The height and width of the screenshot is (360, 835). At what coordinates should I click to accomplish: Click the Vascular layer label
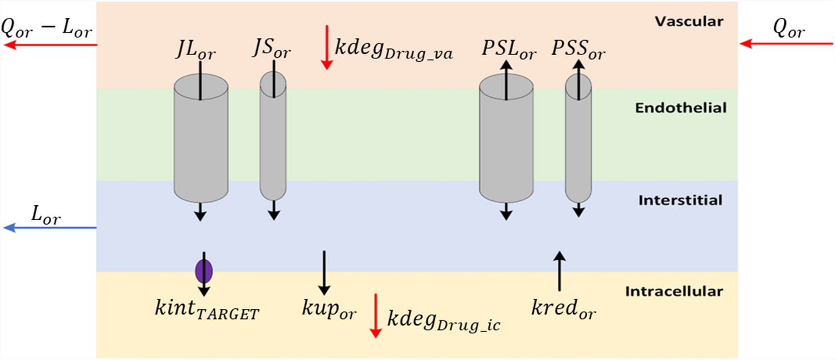coord(689,22)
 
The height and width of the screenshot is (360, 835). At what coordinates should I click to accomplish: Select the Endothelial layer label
coord(681,108)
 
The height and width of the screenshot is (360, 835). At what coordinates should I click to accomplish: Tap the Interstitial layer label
coord(680,200)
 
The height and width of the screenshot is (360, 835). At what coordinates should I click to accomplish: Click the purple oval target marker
coord(204,272)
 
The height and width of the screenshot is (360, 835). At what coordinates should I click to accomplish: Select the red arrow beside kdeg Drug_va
coord(327,52)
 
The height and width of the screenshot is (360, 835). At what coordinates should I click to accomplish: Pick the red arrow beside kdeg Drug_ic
coord(376,315)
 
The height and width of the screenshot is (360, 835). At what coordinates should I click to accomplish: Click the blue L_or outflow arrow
coord(50,228)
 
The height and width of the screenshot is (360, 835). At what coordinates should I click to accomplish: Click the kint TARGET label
coord(207,310)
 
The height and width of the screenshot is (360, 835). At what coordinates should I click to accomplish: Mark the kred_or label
coord(562,309)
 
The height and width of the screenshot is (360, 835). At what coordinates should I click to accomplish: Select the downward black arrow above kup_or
coord(324,272)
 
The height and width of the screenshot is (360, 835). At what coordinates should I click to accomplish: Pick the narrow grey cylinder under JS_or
coord(273,139)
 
